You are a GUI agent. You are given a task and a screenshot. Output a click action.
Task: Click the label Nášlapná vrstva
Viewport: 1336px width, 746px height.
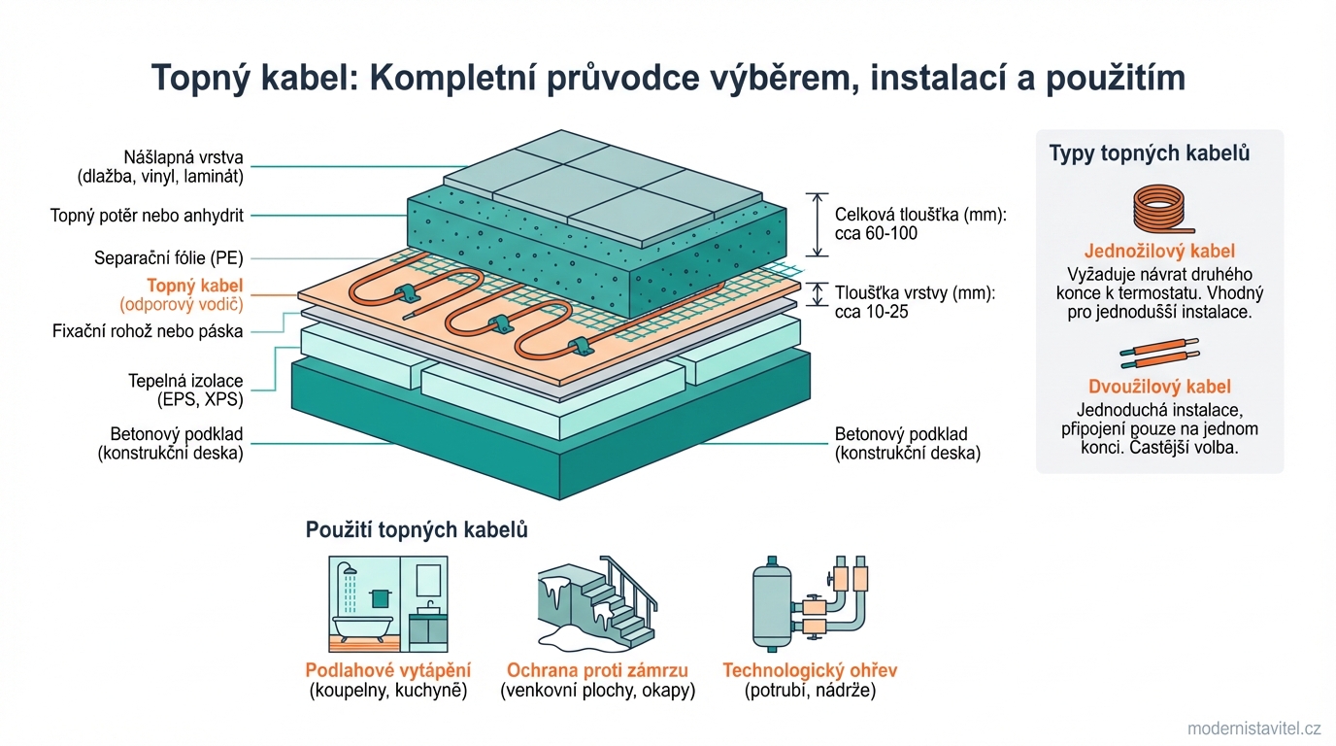(x=183, y=157)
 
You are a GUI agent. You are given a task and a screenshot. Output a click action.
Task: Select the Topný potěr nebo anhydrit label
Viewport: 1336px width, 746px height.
(x=147, y=216)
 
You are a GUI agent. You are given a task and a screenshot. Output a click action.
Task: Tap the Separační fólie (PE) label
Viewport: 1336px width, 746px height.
(x=168, y=258)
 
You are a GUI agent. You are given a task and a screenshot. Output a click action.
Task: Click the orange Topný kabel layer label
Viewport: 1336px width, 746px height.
(x=194, y=286)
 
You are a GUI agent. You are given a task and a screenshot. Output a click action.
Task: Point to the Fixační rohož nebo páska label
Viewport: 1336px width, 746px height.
(x=147, y=331)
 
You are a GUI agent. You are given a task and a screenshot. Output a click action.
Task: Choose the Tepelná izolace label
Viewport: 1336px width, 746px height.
(x=185, y=381)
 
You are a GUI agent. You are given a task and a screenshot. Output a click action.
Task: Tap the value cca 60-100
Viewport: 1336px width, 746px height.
(x=876, y=233)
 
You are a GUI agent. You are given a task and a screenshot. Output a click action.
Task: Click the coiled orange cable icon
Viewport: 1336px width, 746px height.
(x=1159, y=210)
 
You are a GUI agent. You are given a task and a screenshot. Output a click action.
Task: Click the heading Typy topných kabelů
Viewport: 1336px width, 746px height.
(x=1149, y=153)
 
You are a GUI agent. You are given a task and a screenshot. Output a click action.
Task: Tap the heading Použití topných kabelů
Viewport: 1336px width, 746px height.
(x=417, y=529)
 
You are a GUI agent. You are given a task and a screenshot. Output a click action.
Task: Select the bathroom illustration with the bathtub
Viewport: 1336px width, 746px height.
(x=389, y=603)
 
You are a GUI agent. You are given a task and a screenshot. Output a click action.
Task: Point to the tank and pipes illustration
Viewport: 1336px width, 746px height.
(x=809, y=603)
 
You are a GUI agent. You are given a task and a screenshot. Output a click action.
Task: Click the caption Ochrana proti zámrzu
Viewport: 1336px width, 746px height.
(x=597, y=670)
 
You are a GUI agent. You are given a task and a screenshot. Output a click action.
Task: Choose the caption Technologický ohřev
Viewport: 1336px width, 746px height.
(x=810, y=670)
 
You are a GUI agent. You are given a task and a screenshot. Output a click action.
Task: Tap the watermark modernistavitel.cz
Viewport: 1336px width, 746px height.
(x=1254, y=729)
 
